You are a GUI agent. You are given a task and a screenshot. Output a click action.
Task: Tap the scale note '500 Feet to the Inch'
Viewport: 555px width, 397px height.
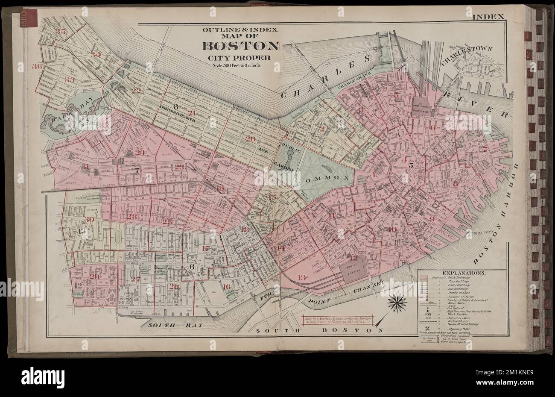coord(242,65)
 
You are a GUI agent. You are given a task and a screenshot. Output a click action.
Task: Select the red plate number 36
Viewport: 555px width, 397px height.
coord(37,66)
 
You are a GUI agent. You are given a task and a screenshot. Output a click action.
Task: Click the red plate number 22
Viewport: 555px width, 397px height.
coord(136,91)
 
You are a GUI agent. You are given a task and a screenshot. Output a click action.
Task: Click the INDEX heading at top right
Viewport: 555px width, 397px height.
coord(488,17)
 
